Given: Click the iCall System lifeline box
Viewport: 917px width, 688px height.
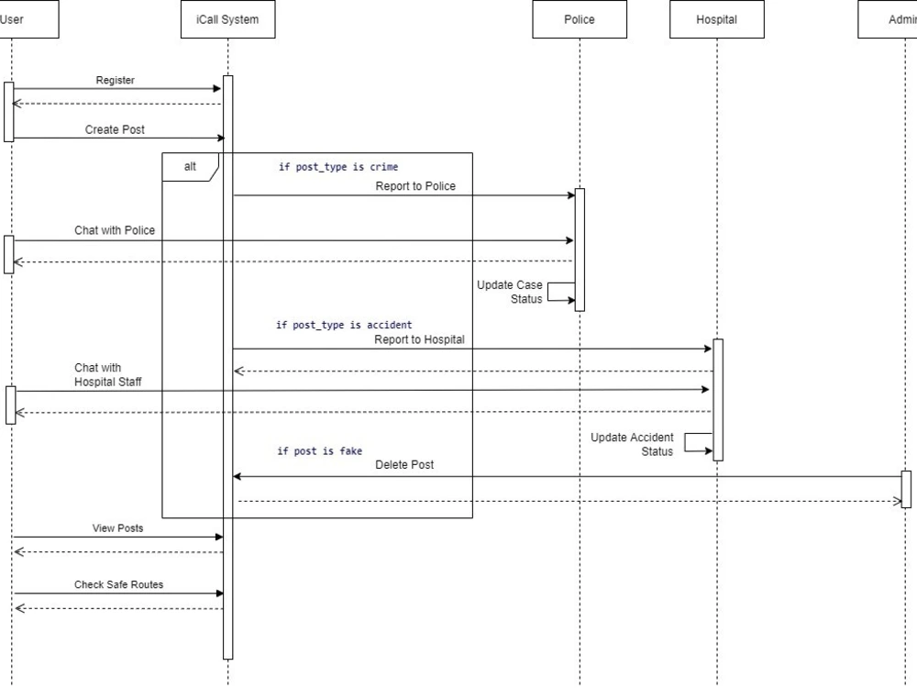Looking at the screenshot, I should pyautogui.click(x=227, y=19).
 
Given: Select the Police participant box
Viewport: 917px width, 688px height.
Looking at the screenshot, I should pyautogui.click(x=580, y=19).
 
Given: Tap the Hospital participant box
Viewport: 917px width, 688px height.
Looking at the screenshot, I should pyautogui.click(x=716, y=19).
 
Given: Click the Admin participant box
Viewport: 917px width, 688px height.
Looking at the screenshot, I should pyautogui.click(x=889, y=19).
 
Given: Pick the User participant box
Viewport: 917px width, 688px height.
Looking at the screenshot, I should pyautogui.click(x=28, y=19).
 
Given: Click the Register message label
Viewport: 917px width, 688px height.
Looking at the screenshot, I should pyautogui.click(x=116, y=81).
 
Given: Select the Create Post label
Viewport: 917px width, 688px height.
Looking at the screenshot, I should pyautogui.click(x=115, y=130).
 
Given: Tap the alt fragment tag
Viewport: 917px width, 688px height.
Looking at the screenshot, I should pyautogui.click(x=190, y=167).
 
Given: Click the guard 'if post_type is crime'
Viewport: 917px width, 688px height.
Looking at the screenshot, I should pyautogui.click(x=338, y=167).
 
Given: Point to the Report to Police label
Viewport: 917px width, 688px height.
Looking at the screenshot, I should pyautogui.click(x=414, y=186).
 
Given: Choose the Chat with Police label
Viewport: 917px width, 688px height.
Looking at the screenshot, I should pyautogui.click(x=115, y=230).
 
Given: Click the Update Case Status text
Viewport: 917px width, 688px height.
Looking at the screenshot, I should pyautogui.click(x=510, y=292).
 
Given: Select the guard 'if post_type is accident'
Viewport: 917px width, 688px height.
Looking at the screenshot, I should pyautogui.click(x=344, y=325).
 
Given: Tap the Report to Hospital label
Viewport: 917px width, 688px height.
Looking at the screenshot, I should pyautogui.click(x=419, y=339).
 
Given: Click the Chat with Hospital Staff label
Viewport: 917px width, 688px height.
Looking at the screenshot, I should pyautogui.click(x=108, y=374).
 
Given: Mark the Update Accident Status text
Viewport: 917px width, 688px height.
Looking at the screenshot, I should pyautogui.click(x=632, y=444).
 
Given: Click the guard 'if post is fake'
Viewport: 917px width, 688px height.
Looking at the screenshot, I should pyautogui.click(x=320, y=451).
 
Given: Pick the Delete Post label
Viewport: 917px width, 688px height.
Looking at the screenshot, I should pyautogui.click(x=404, y=465).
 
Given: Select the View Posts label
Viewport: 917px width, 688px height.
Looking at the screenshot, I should pyautogui.click(x=117, y=528).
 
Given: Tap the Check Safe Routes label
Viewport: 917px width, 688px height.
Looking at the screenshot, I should pyautogui.click(x=118, y=584).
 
